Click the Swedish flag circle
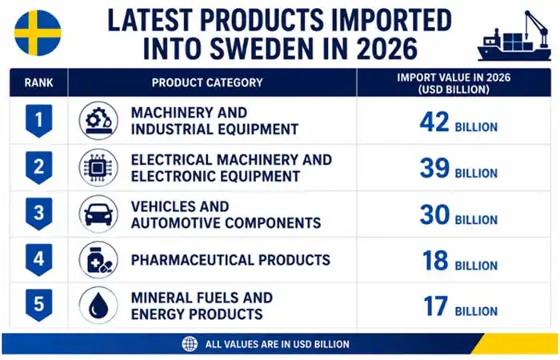point(38,33)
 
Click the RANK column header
point(38,82)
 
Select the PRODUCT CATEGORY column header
point(207,82)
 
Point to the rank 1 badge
point(39,121)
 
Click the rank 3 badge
point(39,214)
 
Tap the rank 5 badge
point(39,305)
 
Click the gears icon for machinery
point(98,121)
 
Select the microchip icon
point(98,167)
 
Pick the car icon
point(98,214)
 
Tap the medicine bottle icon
point(98,260)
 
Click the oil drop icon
point(98,306)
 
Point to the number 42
point(434,122)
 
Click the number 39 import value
point(434,168)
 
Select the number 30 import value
point(434,214)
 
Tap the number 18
point(435,260)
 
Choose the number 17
point(435,306)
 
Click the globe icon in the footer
point(190,344)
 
